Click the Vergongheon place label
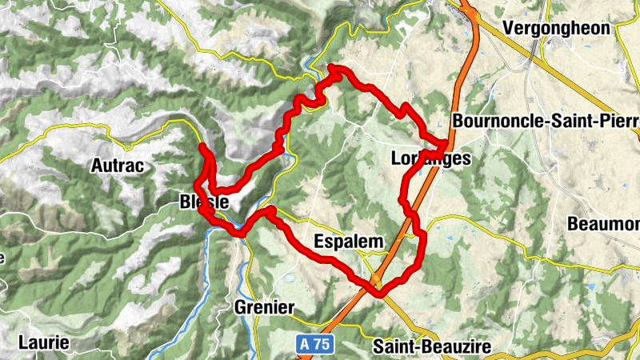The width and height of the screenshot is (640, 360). click(567, 28)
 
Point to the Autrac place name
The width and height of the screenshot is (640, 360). click(117, 166)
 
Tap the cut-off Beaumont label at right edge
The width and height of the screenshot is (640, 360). click(603, 224)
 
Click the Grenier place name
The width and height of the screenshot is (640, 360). click(265, 307)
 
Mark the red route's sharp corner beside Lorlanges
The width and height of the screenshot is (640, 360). click(446, 143)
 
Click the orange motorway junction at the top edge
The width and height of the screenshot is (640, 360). click(472, 12)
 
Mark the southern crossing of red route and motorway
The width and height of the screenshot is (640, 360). click(376, 280)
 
